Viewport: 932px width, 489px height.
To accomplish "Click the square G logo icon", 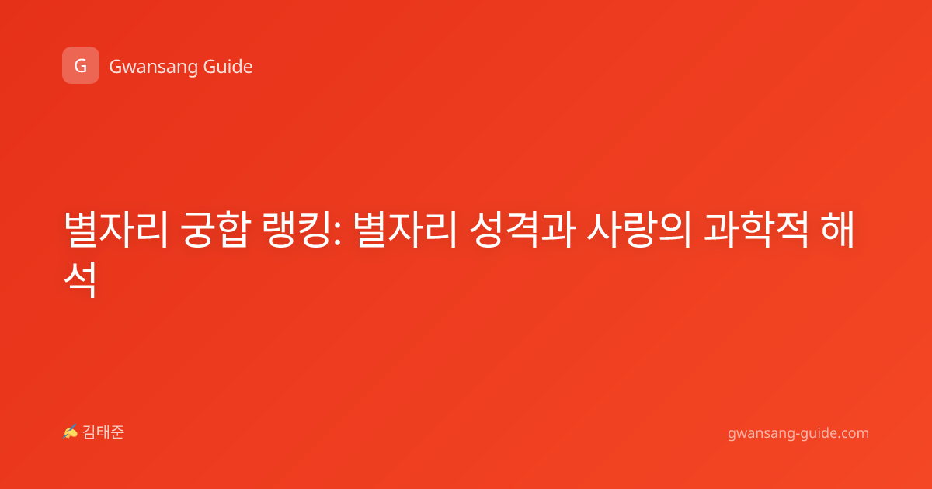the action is click(81, 65).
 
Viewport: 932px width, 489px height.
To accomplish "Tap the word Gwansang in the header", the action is click(153, 68).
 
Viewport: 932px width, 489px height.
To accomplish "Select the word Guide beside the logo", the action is click(228, 67).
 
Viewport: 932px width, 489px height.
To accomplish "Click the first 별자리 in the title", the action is click(116, 230).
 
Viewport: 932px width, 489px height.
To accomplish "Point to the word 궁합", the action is click(216, 230).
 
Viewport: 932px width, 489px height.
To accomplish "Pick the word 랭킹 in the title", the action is click(296, 230).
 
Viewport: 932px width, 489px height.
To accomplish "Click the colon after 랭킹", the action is click(337, 234).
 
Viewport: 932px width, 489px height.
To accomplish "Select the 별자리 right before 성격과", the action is click(405, 230).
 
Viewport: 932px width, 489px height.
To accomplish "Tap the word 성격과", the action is click(523, 230).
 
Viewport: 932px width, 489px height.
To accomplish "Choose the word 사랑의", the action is click(639, 230).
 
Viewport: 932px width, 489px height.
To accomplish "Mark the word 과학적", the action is click(756, 230).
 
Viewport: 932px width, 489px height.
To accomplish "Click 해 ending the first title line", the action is click(837, 229).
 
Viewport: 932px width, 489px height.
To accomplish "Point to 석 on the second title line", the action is click(80, 279).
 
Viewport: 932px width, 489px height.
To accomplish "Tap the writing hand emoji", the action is click(70, 432).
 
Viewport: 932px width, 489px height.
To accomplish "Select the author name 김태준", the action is click(103, 432).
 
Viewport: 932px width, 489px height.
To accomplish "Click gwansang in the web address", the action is click(760, 434).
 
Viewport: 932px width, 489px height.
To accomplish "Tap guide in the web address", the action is click(817, 433).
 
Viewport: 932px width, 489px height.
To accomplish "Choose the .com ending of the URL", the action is click(853, 433).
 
